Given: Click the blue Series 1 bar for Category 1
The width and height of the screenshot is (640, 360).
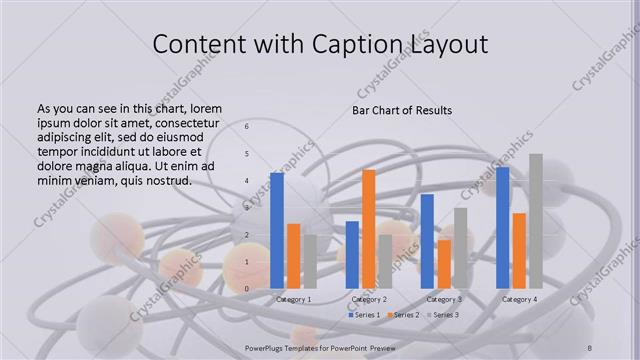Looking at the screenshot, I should click(277, 231).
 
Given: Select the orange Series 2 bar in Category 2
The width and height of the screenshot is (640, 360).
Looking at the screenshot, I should click(369, 229).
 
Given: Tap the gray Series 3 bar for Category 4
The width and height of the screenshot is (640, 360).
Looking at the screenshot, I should click(536, 221).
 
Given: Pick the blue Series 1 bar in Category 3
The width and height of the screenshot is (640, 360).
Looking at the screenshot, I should click(427, 241).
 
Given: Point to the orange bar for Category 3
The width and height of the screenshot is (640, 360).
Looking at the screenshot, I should click(444, 264).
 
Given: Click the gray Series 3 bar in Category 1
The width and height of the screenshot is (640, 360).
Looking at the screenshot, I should click(310, 262).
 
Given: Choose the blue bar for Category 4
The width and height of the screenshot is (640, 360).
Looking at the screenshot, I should click(502, 228).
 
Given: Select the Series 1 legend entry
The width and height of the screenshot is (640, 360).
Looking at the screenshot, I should click(365, 315).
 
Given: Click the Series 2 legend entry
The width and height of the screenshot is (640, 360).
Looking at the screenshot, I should click(403, 315).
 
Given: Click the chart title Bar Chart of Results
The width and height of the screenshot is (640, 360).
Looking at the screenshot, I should click(402, 110).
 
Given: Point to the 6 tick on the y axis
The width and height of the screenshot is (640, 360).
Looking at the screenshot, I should click(247, 128).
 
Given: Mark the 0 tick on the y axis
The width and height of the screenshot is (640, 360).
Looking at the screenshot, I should click(247, 289).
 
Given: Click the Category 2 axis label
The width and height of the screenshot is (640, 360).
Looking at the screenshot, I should click(369, 300).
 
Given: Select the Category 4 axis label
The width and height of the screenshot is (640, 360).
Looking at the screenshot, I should click(519, 300).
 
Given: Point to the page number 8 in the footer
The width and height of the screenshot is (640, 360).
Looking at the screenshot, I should click(590, 347).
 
